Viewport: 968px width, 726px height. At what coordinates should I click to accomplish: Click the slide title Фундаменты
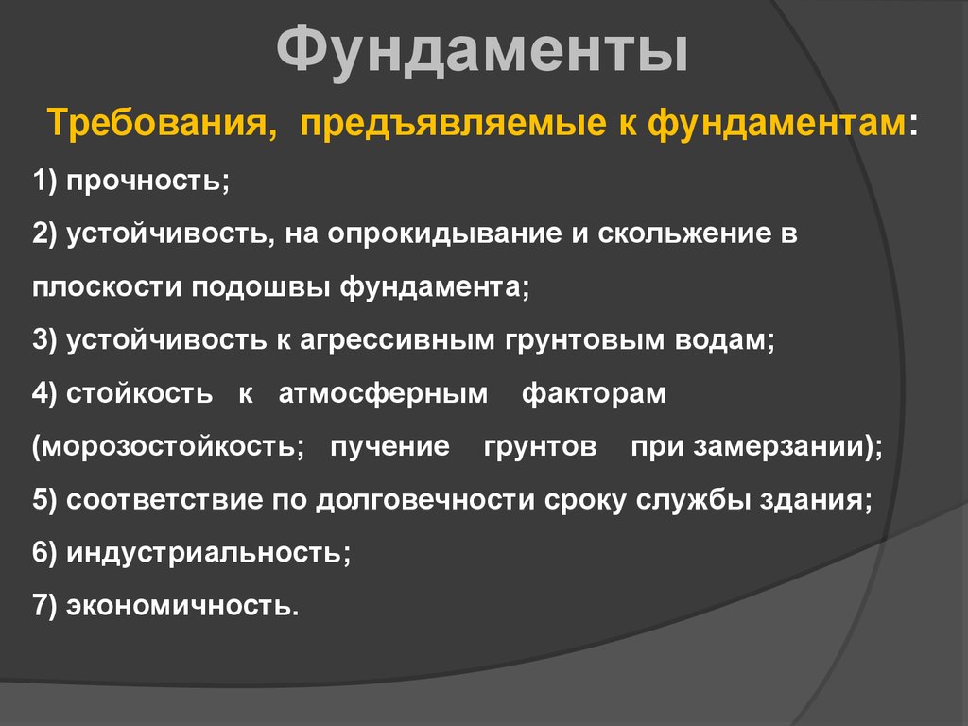pyautogui.click(x=482, y=51)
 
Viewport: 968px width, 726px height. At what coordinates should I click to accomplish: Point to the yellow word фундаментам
pyautogui.click(x=777, y=123)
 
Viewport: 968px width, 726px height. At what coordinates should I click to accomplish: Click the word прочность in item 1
pyautogui.click(x=147, y=181)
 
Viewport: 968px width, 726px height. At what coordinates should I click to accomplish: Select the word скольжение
pyautogui.click(x=684, y=233)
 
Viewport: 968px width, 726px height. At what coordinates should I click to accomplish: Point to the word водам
pyautogui.click(x=724, y=340)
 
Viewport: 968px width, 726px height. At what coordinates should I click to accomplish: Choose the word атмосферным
pyautogui.click(x=383, y=393)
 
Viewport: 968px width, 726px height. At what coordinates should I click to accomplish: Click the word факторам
pyautogui.click(x=594, y=393)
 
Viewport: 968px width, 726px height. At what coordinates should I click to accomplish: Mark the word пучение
pyautogui.click(x=389, y=446)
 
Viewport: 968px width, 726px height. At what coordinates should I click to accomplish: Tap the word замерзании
pyautogui.click(x=779, y=446)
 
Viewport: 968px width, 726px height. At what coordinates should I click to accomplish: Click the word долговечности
pyautogui.click(x=425, y=499)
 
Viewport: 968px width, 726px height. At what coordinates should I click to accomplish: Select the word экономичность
pyautogui.click(x=182, y=606)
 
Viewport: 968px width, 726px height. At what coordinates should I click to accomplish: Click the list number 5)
pyautogui.click(x=44, y=499)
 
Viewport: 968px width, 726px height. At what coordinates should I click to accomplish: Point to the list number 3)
pyautogui.click(x=44, y=340)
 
